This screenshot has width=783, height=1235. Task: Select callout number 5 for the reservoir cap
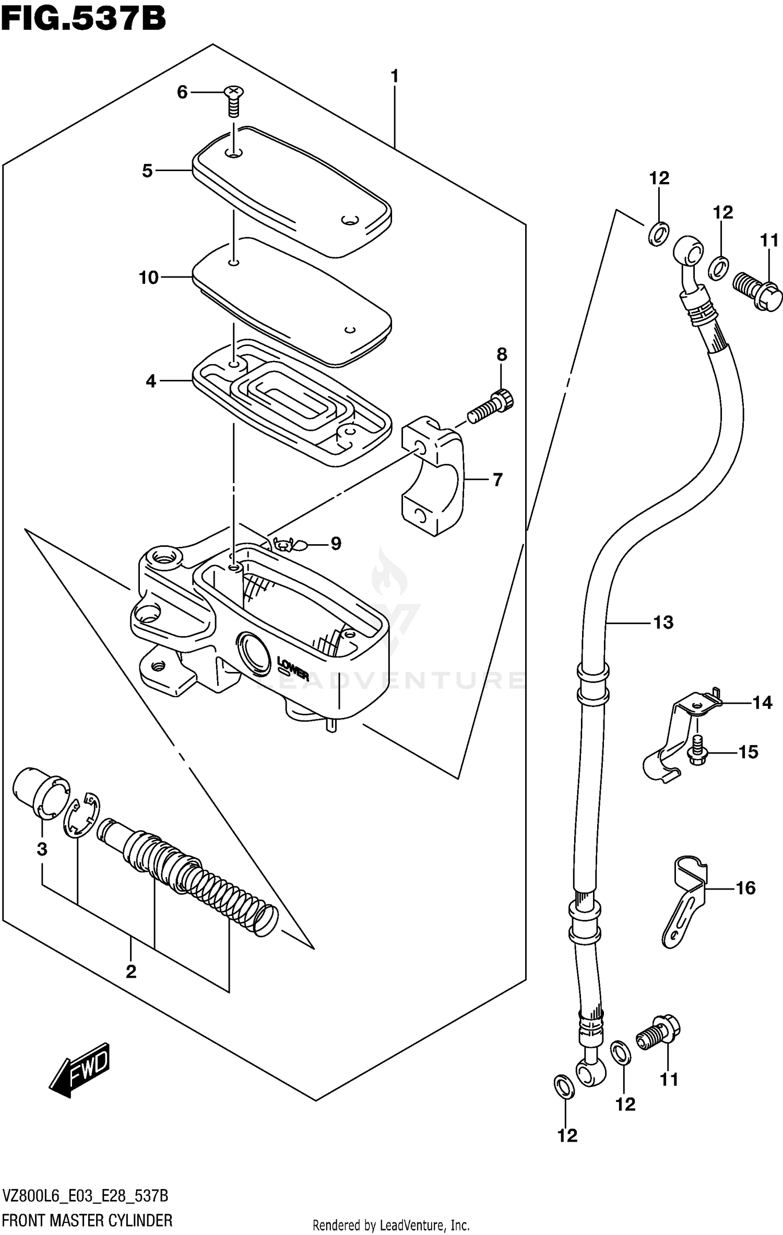pos(148,171)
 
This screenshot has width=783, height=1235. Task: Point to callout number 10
pos(149,278)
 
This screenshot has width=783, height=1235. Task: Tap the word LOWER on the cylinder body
pos(294,669)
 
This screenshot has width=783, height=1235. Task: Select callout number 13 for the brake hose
pos(663,622)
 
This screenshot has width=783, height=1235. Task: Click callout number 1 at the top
pos(395,77)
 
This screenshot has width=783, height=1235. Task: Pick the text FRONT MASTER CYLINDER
pos(87,1220)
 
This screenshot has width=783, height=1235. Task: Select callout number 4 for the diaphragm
pos(151,381)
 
